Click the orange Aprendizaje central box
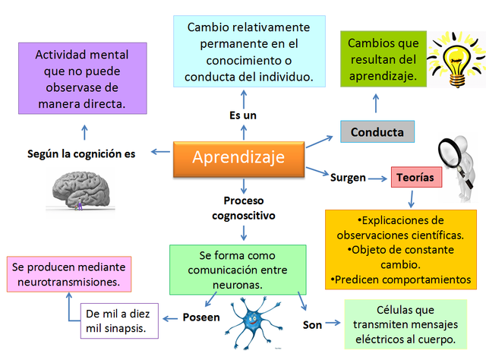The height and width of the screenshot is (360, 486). [x=239, y=158]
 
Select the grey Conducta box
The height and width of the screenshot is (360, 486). [x=377, y=132]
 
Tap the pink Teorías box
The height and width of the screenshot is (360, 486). [x=415, y=178]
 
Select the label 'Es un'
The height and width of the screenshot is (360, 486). [x=243, y=115]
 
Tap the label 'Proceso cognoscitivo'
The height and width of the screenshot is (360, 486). [x=243, y=208]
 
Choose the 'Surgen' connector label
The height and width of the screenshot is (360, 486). [x=349, y=178]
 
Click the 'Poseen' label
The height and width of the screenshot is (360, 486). [x=201, y=317]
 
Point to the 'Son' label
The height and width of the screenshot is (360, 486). [x=313, y=325]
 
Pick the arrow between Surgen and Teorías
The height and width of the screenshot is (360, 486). [x=377, y=178]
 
